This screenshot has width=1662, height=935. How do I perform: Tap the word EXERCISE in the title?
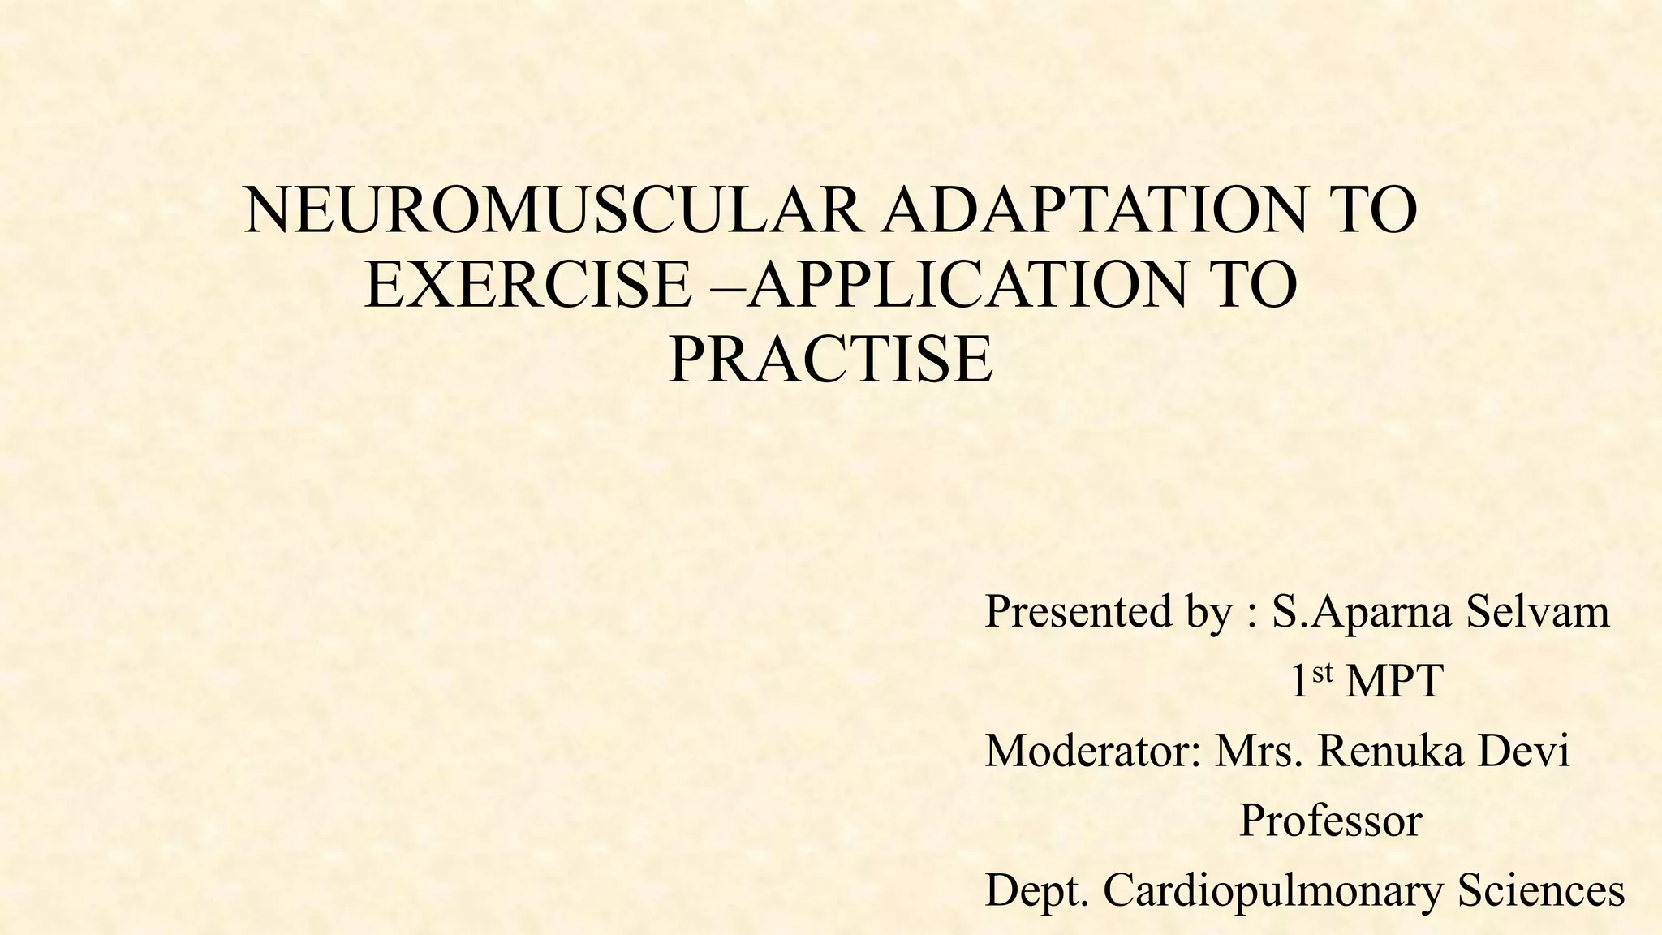click(527, 285)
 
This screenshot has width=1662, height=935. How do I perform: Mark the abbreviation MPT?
click(1394, 682)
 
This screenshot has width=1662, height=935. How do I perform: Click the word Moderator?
click(1092, 751)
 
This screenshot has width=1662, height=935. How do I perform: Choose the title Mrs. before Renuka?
click(1260, 751)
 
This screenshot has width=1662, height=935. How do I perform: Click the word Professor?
click(1331, 821)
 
